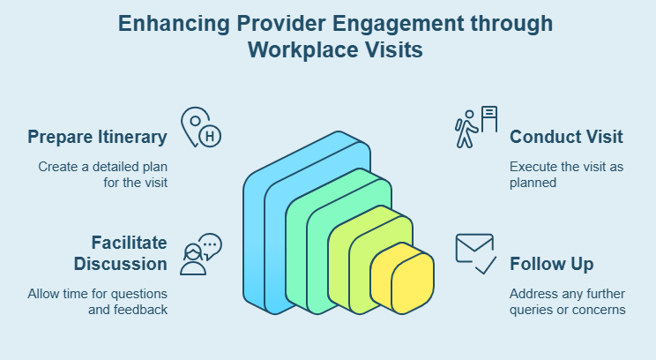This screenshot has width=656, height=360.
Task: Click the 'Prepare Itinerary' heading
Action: [x=97, y=137]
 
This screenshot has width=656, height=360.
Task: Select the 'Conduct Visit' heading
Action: [x=566, y=137]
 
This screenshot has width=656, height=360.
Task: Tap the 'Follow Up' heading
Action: [x=551, y=264]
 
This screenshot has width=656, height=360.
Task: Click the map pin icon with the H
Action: [x=200, y=128]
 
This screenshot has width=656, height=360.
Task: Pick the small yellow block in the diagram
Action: [x=402, y=280]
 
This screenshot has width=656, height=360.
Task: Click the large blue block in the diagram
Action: [x=265, y=229]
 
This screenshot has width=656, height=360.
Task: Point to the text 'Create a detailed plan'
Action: [x=102, y=166]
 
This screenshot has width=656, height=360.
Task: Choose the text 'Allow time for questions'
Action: [x=97, y=293]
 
